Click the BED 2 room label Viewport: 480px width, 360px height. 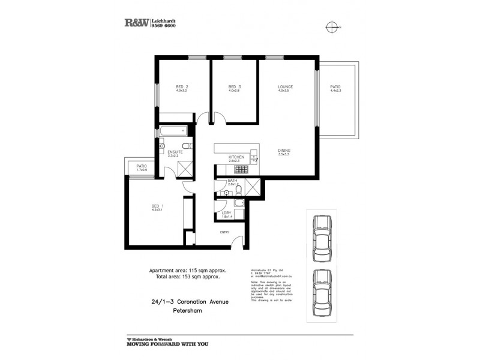tap(182, 87)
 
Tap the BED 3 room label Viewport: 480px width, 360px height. tap(234, 87)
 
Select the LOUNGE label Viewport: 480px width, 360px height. tap(284, 87)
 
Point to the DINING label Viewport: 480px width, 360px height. tap(284, 151)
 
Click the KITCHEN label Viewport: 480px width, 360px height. tap(234, 157)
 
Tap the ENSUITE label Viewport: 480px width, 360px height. tap(175, 153)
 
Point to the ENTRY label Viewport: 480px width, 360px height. tap(225, 232)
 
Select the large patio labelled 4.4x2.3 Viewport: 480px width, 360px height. tap(335, 87)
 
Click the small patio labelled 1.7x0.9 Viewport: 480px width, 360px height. tap(142, 167)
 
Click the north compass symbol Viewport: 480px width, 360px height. tap(331, 26)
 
